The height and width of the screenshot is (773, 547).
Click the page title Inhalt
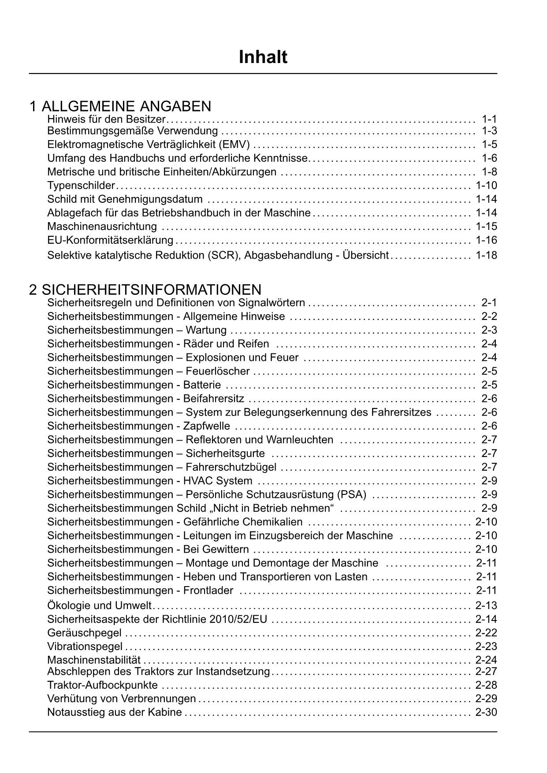[x=263, y=57]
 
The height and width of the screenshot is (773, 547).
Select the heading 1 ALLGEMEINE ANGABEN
[x=120, y=106]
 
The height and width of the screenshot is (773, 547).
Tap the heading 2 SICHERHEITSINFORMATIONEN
[x=145, y=290]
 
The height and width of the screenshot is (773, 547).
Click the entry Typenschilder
[x=81, y=186]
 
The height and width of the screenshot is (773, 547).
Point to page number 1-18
[x=486, y=255]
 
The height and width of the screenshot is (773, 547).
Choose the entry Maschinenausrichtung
[x=102, y=227]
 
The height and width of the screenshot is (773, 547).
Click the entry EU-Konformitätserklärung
[x=110, y=240]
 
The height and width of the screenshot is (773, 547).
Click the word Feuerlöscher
[x=218, y=371]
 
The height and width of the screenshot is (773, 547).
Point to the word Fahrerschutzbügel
[x=231, y=467]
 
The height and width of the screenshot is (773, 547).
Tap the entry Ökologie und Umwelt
[x=99, y=606]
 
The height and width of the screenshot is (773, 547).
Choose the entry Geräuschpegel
[x=84, y=633]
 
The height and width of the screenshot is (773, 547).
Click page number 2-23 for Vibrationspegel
[x=486, y=647]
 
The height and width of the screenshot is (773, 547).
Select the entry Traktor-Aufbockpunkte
[x=102, y=685]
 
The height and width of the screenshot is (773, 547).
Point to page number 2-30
[x=486, y=712]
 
